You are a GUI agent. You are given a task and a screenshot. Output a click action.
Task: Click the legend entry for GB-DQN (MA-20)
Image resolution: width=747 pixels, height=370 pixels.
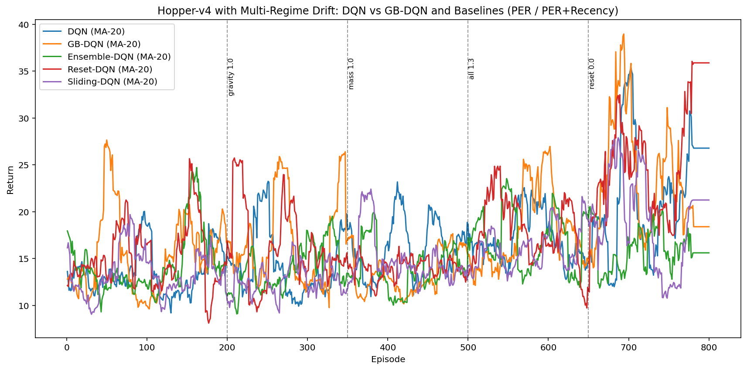104,44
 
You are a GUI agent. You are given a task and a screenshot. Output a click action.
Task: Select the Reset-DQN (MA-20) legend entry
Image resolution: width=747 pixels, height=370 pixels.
109,69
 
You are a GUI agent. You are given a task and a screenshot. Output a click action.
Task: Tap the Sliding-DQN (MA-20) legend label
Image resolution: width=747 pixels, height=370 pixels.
112,81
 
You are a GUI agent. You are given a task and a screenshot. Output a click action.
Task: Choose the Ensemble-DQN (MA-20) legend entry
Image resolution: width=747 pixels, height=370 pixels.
119,57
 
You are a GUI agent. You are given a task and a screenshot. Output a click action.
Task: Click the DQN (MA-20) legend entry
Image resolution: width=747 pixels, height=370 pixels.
96,31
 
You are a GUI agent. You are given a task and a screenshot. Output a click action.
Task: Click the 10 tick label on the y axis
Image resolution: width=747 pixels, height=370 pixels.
24,306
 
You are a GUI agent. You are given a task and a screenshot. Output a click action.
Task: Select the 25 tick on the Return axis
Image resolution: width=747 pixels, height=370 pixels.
24,165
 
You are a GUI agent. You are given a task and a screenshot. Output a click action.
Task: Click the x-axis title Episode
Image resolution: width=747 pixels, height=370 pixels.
388,360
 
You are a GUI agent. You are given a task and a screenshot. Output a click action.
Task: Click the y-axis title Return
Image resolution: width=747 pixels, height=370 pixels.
10,180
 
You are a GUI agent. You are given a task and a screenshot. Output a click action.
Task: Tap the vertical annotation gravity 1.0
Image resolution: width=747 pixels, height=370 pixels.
231,77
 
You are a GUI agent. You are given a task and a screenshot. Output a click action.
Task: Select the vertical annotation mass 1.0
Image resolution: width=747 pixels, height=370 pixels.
351,74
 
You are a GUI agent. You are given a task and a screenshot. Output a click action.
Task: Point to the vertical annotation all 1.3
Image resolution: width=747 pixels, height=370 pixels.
471,69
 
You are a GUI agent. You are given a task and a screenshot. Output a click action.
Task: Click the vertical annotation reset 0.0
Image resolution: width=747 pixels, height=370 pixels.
592,74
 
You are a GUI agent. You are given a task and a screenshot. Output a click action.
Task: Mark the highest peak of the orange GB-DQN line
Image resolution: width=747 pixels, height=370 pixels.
624,34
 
